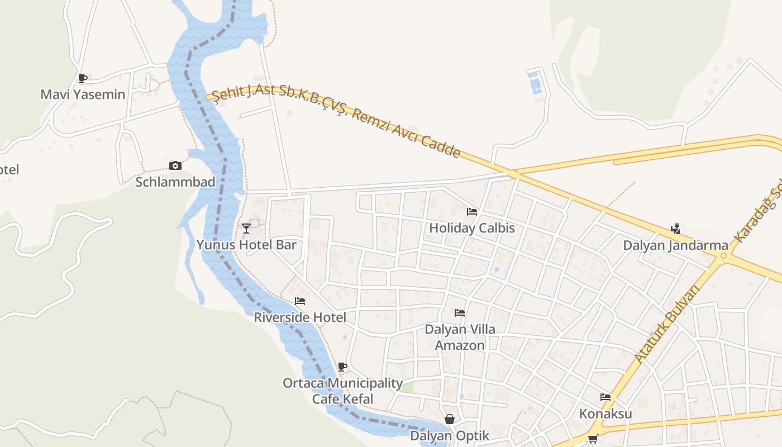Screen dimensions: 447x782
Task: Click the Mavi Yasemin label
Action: [83, 94]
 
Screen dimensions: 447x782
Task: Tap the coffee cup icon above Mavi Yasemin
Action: [83, 78]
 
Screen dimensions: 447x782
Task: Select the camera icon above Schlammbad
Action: [175, 165]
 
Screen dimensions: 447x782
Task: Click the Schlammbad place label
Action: [175, 182]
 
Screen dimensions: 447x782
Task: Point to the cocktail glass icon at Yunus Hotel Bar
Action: [246, 228]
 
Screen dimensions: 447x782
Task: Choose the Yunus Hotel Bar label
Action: [246, 245]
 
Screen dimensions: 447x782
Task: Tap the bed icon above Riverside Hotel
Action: [300, 301]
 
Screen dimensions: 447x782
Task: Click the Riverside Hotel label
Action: [300, 317]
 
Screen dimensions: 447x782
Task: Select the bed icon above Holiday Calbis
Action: [472, 212]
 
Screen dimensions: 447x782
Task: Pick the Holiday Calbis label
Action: [472, 228]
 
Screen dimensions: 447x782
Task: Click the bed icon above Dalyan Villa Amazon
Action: [460, 313]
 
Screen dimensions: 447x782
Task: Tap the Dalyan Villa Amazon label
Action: [460, 337]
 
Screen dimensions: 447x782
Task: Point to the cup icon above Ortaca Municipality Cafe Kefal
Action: [342, 367]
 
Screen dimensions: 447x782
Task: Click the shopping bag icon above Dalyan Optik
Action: [450, 419]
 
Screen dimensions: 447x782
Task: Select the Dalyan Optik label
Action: [450, 436]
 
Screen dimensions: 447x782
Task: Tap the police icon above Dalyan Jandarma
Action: [675, 229]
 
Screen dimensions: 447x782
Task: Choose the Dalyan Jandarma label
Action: [675, 245]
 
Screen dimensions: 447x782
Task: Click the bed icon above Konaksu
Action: [605, 397]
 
